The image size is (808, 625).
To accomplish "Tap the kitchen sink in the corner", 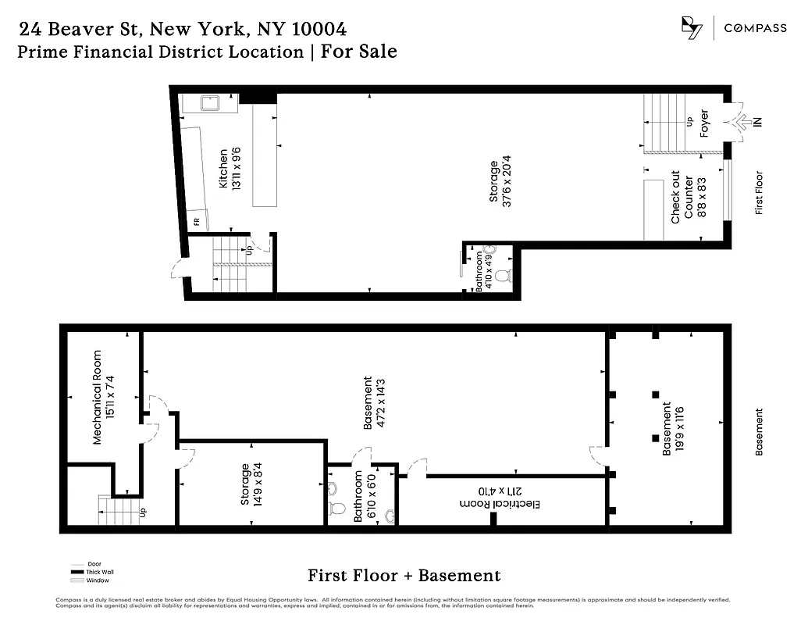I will coord(209,103).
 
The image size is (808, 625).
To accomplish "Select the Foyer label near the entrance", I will coord(704,123).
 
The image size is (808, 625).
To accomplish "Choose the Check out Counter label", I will coord(682,198).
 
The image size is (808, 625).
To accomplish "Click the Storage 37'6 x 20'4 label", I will coord(500,182).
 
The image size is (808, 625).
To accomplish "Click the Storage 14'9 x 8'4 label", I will coord(251,484).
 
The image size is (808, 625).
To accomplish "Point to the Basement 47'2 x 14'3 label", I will coord(374,402).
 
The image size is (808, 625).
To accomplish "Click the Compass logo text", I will coord(755,28).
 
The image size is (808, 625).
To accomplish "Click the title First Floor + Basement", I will coord(404,576).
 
